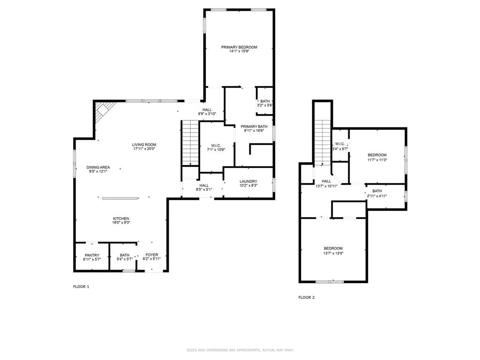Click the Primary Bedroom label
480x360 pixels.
(x=239, y=47)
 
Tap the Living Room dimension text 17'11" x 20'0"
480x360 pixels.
(x=144, y=149)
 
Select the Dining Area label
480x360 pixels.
(x=98, y=167)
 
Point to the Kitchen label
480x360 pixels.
(x=121, y=218)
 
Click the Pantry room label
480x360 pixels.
(x=92, y=255)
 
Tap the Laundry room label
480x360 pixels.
(x=248, y=181)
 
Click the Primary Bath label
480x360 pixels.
(x=254, y=127)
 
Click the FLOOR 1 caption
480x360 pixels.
(x=81, y=286)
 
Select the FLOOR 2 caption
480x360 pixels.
(x=307, y=297)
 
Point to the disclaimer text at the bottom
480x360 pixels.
(x=240, y=350)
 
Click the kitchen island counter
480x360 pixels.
(x=121, y=198)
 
